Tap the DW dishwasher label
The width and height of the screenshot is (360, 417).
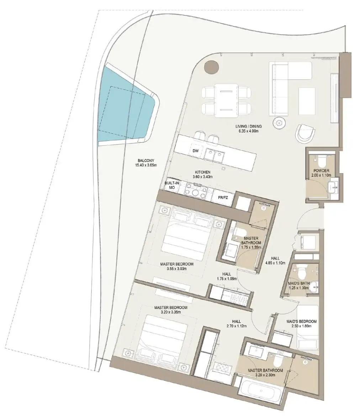coord(195,151)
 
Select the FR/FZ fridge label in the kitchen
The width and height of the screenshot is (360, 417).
coord(223,197)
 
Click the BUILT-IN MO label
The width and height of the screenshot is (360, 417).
coord(172,185)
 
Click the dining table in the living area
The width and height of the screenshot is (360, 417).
coord(226,101)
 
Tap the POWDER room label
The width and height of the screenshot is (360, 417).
coord(321,170)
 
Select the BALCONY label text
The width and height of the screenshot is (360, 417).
coord(146,160)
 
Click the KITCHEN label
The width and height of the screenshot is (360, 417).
coord(203,172)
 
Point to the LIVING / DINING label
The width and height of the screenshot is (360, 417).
coord(248,126)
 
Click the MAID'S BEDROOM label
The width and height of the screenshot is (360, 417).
coord(301,321)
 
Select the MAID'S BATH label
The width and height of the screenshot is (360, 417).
coord(298,284)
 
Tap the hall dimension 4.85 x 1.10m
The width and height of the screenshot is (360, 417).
coord(275,263)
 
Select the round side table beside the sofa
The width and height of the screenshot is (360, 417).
coord(279,123)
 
